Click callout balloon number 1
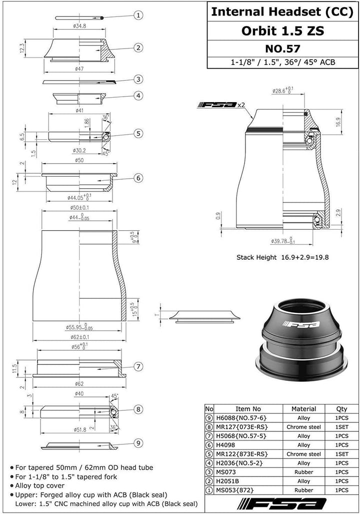point(138,16)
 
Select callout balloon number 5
point(138,133)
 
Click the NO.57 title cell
point(282,49)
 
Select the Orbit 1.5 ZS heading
point(282,31)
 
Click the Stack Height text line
point(282,257)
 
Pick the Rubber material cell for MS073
point(303,472)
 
